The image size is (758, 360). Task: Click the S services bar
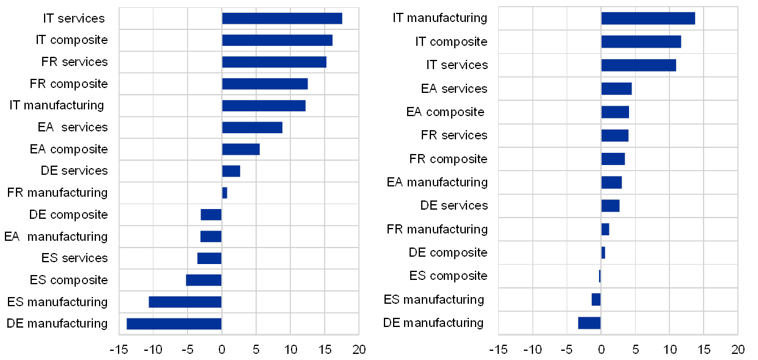(209, 258)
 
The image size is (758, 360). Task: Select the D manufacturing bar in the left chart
(174, 323)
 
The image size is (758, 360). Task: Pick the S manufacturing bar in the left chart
(185, 302)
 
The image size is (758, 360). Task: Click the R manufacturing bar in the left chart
(224, 193)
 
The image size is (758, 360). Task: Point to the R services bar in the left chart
(274, 62)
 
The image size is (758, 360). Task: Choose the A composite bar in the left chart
(241, 149)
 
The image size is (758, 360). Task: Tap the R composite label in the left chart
(75, 84)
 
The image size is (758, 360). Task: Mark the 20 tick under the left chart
(359, 350)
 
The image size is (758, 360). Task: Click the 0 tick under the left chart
(222, 350)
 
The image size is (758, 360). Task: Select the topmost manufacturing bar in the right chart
(648, 18)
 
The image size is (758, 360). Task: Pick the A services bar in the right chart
(616, 89)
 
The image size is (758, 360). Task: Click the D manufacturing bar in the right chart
(589, 323)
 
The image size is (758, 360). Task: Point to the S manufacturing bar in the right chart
(596, 299)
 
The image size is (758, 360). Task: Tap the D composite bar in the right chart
(603, 252)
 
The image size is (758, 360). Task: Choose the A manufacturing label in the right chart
(441, 182)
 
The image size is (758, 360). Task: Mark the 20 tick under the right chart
(738, 350)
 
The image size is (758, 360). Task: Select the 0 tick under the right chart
(602, 350)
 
